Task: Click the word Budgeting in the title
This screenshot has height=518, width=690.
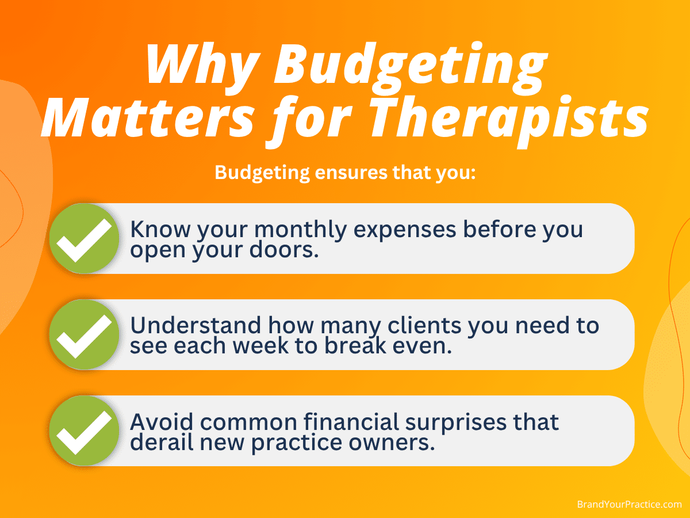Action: click(411, 68)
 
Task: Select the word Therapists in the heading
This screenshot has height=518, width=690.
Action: click(508, 121)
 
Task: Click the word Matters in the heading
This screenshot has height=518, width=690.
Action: click(148, 118)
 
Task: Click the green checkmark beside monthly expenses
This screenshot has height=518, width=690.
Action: click(85, 238)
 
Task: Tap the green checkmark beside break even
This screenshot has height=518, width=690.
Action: click(85, 334)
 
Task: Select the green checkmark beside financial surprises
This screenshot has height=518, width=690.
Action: click(85, 431)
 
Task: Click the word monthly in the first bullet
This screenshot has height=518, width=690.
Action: click(301, 230)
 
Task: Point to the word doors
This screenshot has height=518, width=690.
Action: click(284, 250)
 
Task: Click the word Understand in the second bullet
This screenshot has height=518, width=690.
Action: click(195, 325)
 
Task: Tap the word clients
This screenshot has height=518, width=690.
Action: click(425, 325)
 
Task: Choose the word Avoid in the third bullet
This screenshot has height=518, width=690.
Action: click(162, 422)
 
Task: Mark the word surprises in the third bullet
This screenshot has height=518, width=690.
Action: click(456, 423)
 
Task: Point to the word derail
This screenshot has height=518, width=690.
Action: click(162, 441)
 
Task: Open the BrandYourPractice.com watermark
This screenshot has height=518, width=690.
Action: click(629, 505)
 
